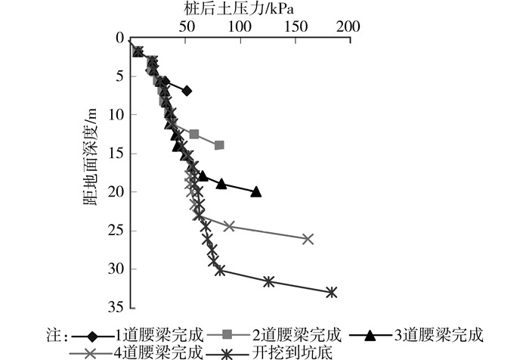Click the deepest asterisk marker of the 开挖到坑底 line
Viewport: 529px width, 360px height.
[331, 292]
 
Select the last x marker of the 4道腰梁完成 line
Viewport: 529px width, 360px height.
[308, 239]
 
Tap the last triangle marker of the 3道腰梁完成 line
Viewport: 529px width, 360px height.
[256, 192]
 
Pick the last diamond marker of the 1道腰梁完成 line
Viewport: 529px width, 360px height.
[187, 91]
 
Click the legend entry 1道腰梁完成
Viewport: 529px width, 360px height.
[152, 334]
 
